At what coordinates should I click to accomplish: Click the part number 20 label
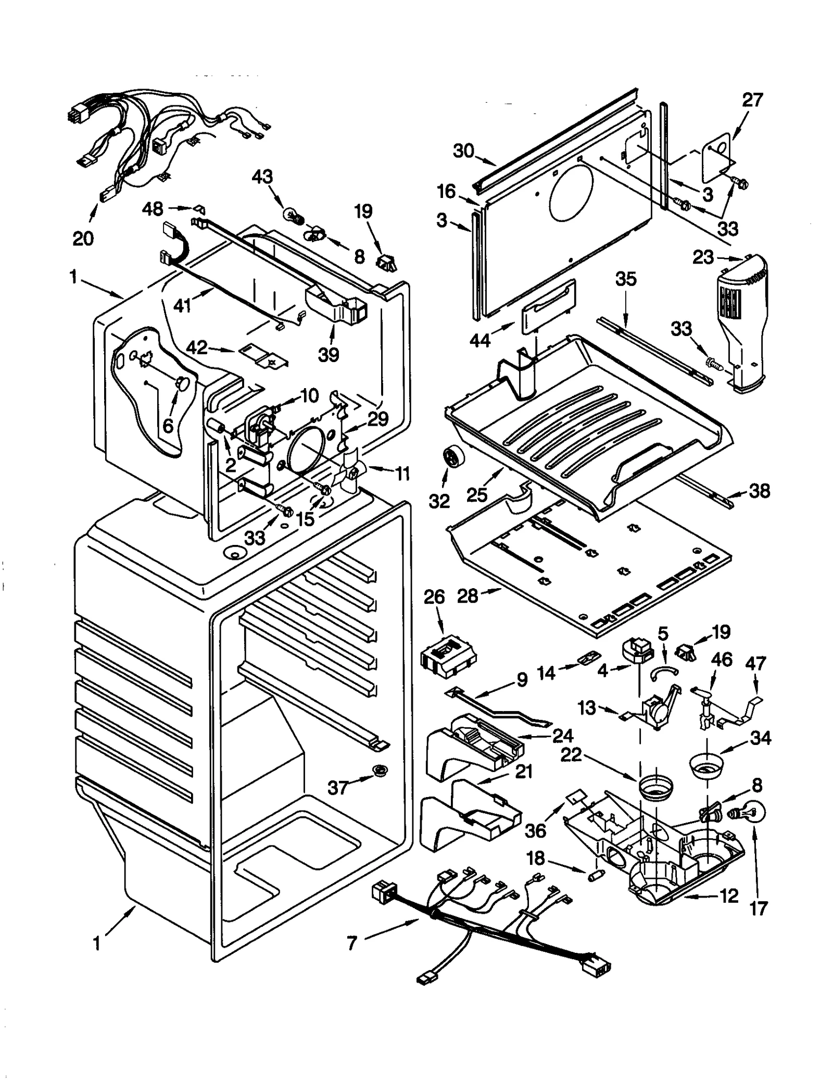[x=83, y=239]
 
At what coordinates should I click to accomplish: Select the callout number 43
[x=262, y=177]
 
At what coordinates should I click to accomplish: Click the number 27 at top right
[x=752, y=100]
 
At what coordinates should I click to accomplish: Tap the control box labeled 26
[x=448, y=654]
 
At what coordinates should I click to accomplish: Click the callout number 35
[x=626, y=279]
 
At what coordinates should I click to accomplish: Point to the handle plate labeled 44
[x=549, y=308]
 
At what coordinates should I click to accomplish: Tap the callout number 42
[x=197, y=347]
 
